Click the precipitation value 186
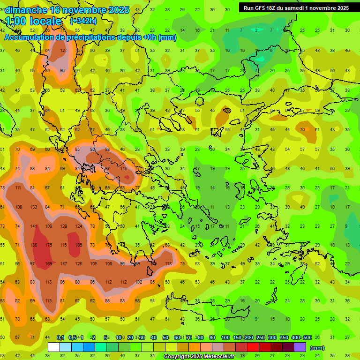[78, 245]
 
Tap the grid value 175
[49, 245]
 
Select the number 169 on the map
[49, 264]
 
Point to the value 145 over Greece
[124, 168]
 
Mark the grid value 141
[34, 226]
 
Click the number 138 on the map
[34, 245]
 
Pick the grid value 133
[34, 207]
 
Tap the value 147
[64, 264]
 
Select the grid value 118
[168, 264]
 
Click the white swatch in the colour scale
[54, 347]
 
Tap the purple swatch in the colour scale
[300, 347]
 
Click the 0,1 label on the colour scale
[60, 337]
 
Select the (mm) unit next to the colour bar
[317, 348]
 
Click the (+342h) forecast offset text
[83, 21]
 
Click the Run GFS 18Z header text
[262, 8]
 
